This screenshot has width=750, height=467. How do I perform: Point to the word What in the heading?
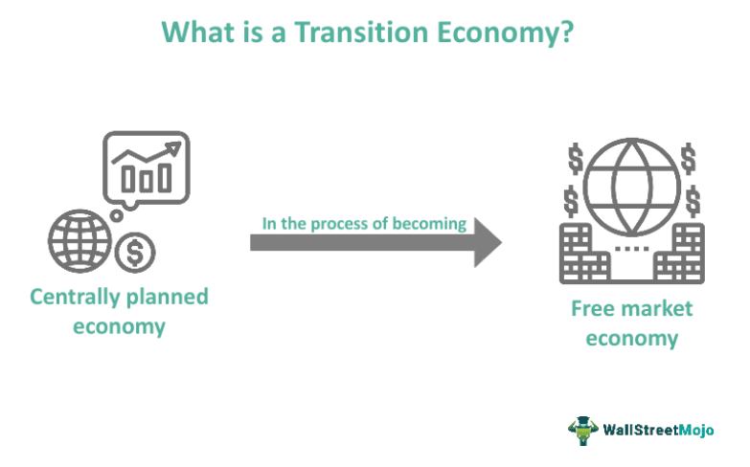pyautogui.click(x=198, y=31)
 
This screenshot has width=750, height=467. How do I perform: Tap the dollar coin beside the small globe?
pyautogui.click(x=133, y=253)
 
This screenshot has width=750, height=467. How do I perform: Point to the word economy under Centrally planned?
pyautogui.click(x=120, y=326)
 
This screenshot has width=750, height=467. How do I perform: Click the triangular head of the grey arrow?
pyautogui.click(x=486, y=242)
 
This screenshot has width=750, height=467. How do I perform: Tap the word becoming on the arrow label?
pyautogui.click(x=431, y=223)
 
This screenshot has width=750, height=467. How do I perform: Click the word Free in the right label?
pyautogui.click(x=592, y=308)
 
